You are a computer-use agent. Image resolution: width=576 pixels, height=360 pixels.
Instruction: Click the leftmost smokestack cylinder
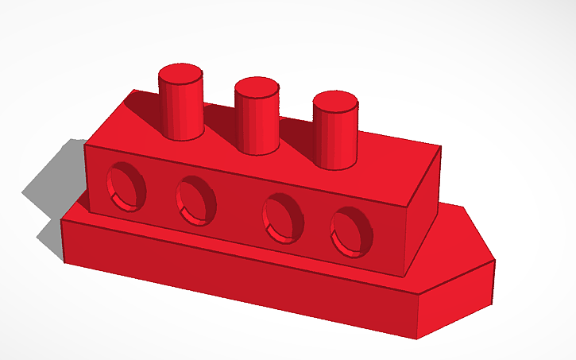click(x=182, y=107)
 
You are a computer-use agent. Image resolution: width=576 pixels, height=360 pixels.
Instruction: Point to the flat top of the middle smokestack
click(x=257, y=87)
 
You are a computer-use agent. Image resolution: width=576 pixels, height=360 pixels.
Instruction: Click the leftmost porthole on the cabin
click(x=127, y=186)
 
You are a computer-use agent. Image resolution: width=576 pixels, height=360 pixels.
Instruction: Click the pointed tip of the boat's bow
click(x=494, y=259)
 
